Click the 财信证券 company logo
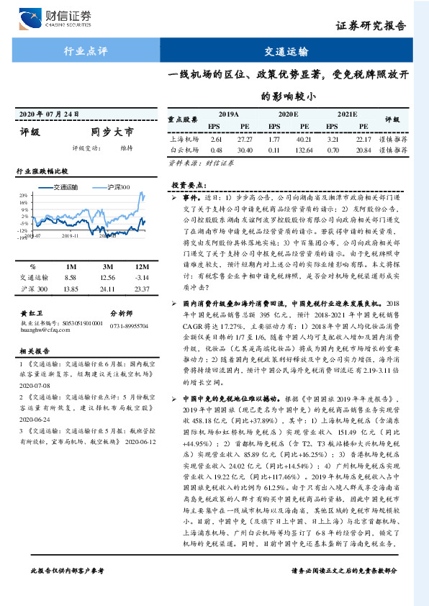point(60,18)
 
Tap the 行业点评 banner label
point(86,52)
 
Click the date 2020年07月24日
point(48,114)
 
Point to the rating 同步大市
point(112,132)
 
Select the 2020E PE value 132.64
point(304,150)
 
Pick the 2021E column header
point(346,115)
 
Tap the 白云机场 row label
point(184,150)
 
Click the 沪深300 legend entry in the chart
point(115,187)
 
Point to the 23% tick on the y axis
point(24,194)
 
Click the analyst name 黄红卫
point(32,294)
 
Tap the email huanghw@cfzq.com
point(39,310)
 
